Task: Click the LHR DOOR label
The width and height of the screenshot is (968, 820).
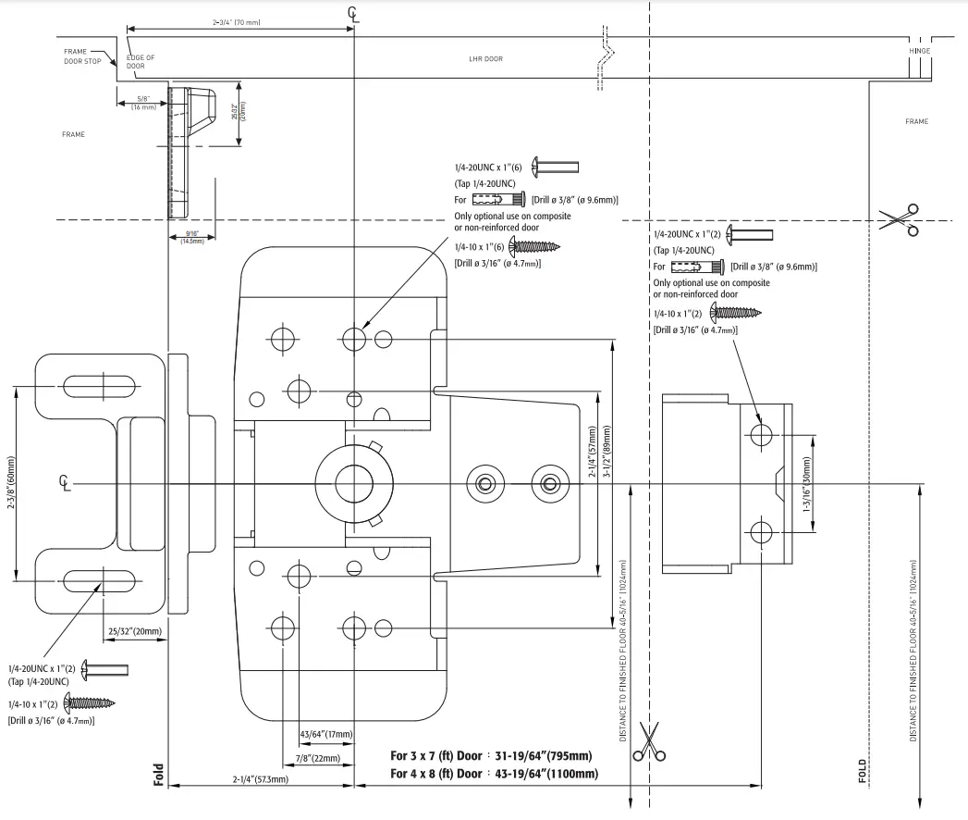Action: [x=485, y=59]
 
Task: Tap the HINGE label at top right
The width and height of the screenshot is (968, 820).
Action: [x=919, y=52]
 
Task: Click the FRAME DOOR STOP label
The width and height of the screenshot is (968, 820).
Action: [x=81, y=56]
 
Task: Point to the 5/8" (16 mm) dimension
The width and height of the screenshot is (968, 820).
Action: [x=141, y=103]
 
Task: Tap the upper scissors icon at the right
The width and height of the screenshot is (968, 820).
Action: [x=900, y=219]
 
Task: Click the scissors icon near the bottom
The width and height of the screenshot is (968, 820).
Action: [x=650, y=742]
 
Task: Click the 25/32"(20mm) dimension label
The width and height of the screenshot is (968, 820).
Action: [x=135, y=632]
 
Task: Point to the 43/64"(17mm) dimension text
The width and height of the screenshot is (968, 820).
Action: [x=325, y=735]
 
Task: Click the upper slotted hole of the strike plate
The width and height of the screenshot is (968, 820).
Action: [x=102, y=384]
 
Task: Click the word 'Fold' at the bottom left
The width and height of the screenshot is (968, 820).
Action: [x=159, y=774]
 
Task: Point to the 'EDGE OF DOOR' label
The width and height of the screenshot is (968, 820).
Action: [x=141, y=62]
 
